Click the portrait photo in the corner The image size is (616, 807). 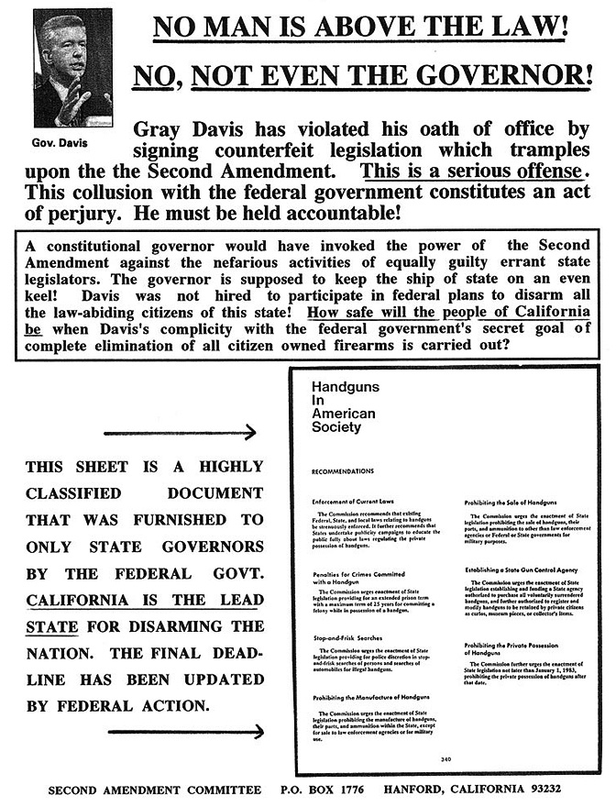click(72, 68)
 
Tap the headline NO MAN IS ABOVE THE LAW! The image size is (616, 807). click(360, 28)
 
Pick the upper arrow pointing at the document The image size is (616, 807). click(180, 433)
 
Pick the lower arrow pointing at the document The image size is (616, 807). click(185, 731)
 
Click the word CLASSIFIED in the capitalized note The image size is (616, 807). click(80, 492)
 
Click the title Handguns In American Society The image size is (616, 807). click(344, 407)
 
